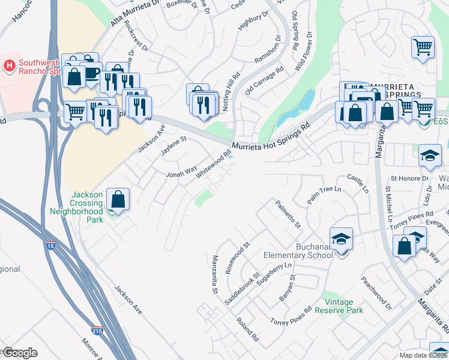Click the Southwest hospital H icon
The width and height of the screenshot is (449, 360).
[10, 65]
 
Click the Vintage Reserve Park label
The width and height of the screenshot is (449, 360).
[343, 306]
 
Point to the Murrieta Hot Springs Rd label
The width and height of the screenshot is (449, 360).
[271, 136]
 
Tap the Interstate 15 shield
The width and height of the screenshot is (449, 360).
[51, 245]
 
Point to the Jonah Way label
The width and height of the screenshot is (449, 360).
[181, 173]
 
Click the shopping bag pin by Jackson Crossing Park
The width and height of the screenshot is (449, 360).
[119, 198]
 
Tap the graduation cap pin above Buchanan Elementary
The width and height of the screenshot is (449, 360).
[341, 239]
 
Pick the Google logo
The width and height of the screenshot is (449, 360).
[20, 353]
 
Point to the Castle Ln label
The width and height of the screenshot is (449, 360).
[358, 184]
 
